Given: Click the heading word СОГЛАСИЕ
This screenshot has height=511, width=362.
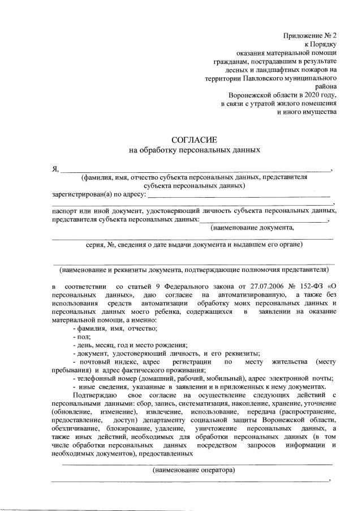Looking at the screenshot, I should click(193, 139).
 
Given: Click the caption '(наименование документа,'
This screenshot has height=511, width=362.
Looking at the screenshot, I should click(252, 228).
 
